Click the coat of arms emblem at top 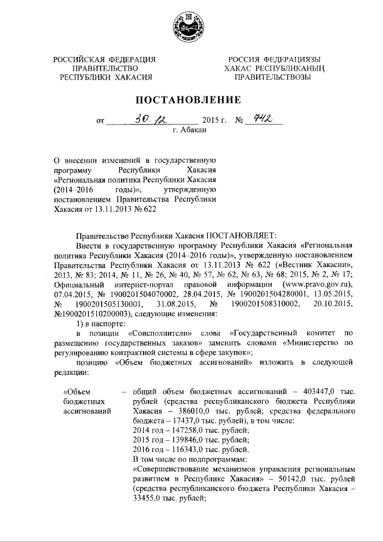[x=190, y=26]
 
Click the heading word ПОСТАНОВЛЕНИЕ [x=191, y=99]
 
